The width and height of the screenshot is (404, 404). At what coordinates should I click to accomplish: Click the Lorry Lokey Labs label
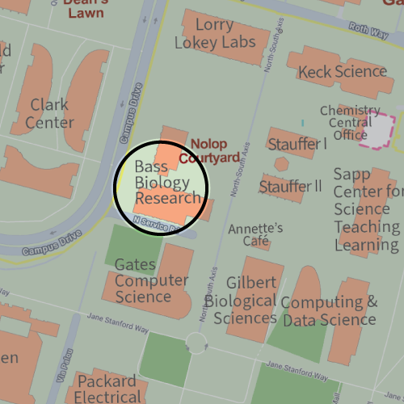[x=215, y=33]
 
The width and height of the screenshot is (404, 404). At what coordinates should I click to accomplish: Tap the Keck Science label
[x=343, y=72]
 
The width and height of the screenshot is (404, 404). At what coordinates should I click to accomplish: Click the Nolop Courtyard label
[x=209, y=151]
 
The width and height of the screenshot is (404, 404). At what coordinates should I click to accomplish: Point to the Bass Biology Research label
[x=167, y=183]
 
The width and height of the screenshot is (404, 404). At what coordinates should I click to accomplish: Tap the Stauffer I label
[x=297, y=145]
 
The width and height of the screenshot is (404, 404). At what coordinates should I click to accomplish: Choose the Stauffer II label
[x=290, y=187]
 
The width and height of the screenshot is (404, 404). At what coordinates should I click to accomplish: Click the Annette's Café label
[x=255, y=234]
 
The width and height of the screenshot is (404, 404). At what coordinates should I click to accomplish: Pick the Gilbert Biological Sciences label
[x=241, y=300]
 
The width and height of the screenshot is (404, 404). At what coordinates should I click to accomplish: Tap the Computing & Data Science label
[x=329, y=311]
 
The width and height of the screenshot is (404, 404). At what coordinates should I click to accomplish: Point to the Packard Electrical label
[x=107, y=389]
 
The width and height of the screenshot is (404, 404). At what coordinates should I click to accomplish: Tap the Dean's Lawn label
[x=86, y=8]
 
